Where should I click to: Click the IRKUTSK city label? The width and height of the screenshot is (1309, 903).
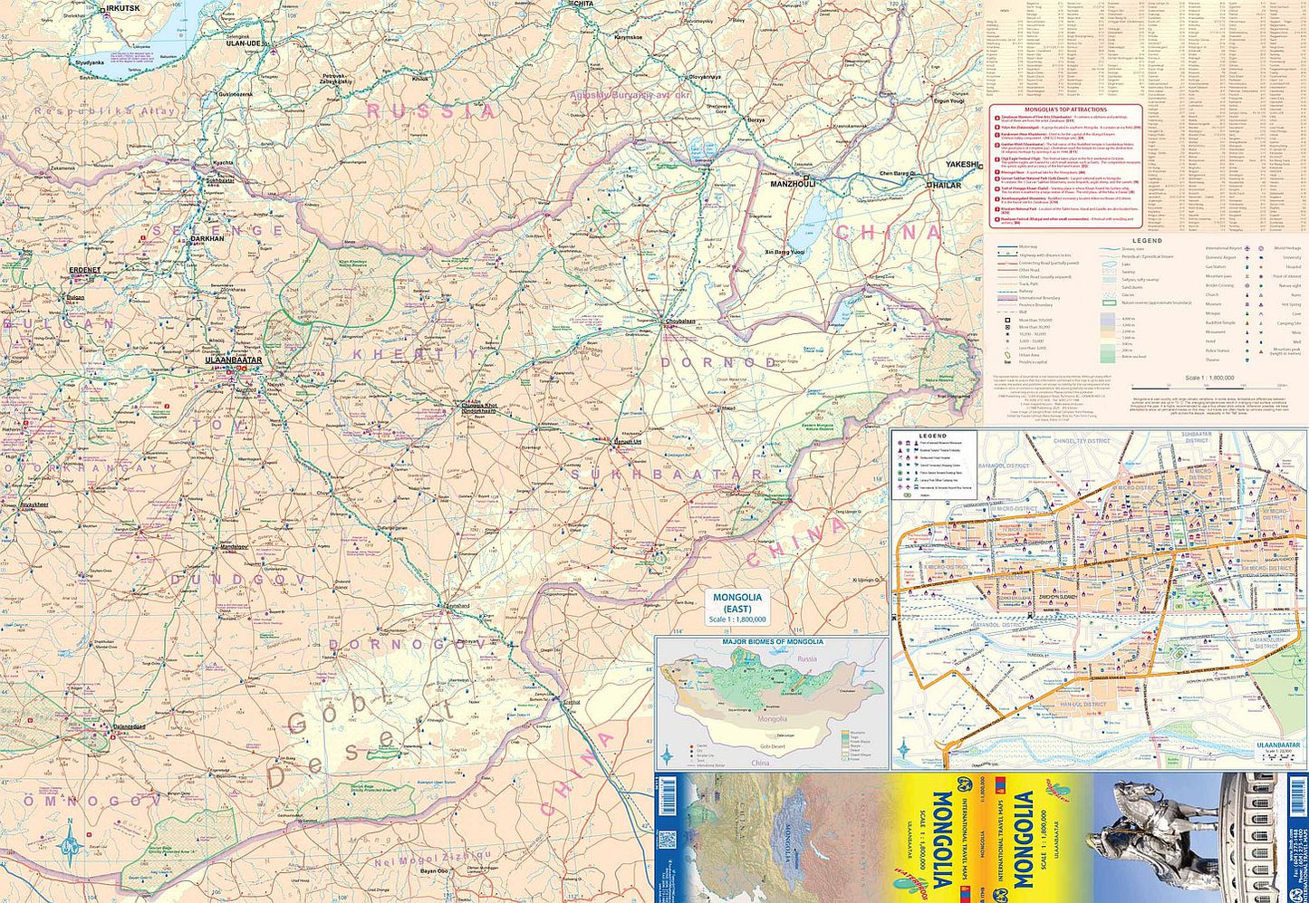coord(123,8)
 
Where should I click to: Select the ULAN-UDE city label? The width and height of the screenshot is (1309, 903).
coord(244,43)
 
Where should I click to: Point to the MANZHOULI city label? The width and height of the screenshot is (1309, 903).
coord(794,184)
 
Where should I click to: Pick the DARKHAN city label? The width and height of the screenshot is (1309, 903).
coord(207,239)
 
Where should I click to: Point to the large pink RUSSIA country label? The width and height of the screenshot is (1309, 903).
coord(430,111)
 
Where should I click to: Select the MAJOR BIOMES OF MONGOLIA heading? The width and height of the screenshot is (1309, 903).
coord(772,641)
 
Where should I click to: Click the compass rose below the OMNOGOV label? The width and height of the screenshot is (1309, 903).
coord(70,846)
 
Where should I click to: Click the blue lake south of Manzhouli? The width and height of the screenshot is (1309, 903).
coord(817,217)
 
